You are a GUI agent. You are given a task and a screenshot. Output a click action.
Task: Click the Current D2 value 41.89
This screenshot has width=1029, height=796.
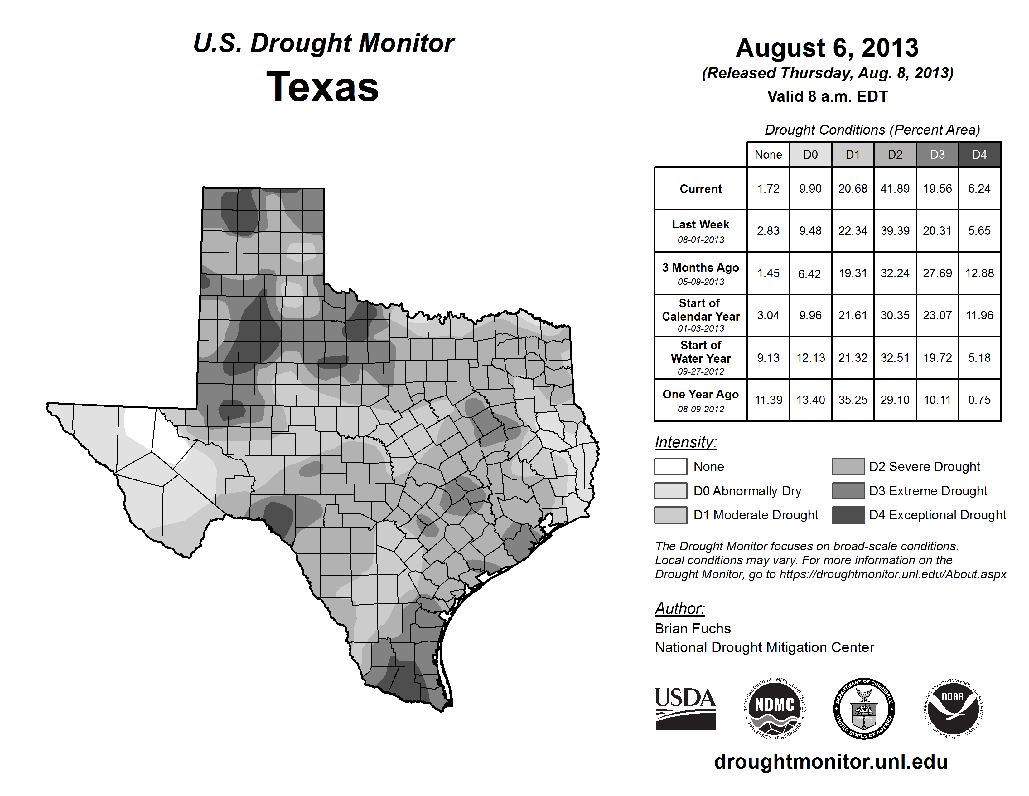pos(895,189)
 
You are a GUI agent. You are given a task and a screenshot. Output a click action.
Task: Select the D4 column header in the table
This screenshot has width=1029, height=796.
pos(979,155)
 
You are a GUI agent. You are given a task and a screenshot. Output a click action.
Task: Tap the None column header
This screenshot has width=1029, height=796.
pos(768,155)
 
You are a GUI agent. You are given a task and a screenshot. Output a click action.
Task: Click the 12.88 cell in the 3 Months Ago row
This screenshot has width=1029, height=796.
pos(979,273)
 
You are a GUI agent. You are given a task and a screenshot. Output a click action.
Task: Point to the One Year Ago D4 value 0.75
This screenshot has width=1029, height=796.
pos(979,400)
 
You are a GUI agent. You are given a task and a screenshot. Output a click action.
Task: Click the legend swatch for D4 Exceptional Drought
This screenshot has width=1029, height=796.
pos(848,515)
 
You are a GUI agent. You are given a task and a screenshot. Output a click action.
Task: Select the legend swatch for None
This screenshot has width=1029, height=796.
pos(670,466)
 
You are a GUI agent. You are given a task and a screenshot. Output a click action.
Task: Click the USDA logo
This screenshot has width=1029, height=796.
pos(685,708)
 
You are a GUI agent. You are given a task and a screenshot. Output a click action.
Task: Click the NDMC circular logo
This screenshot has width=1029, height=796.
pos(775,708)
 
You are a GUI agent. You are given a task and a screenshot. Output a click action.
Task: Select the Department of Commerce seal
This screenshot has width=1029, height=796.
pos(864,708)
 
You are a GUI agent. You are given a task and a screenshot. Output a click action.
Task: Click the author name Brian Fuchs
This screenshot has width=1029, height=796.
pos(693,629)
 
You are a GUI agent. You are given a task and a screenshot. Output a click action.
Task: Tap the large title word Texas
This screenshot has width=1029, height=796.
pos(322,87)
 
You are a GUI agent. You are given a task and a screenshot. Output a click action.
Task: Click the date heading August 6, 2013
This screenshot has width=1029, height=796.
pos(827,48)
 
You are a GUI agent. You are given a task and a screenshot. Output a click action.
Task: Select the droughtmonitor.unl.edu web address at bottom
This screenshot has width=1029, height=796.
pos(831,762)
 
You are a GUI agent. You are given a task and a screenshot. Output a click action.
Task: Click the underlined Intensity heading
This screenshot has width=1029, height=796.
pos(685,442)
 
